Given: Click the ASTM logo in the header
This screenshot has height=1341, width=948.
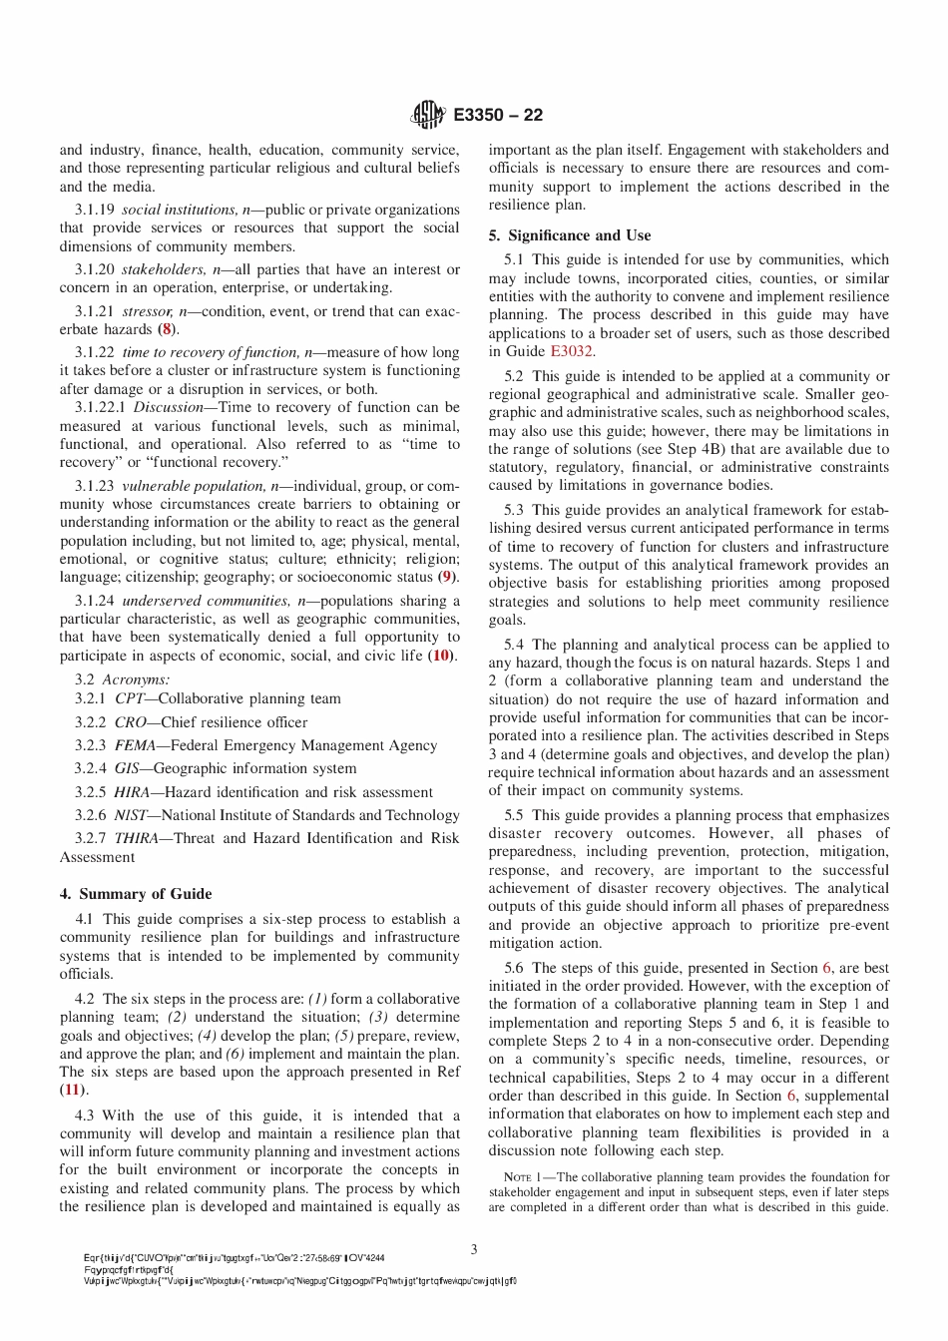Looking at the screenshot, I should click(428, 116).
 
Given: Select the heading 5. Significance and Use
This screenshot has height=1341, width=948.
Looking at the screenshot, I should click(569, 235).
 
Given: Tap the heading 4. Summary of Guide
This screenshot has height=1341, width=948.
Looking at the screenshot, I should click(136, 894).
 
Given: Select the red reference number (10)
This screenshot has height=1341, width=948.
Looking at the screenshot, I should click(440, 656).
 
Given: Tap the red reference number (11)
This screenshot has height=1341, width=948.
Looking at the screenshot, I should click(73, 1090).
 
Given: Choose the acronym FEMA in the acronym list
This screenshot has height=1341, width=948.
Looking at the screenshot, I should click(135, 745).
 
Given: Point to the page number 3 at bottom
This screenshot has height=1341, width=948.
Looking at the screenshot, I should click(474, 1249).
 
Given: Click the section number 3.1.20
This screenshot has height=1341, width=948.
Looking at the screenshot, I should click(95, 269).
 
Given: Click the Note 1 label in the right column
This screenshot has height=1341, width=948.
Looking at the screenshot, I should click(523, 1177).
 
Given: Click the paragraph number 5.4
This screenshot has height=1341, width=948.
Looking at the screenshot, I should click(515, 645).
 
